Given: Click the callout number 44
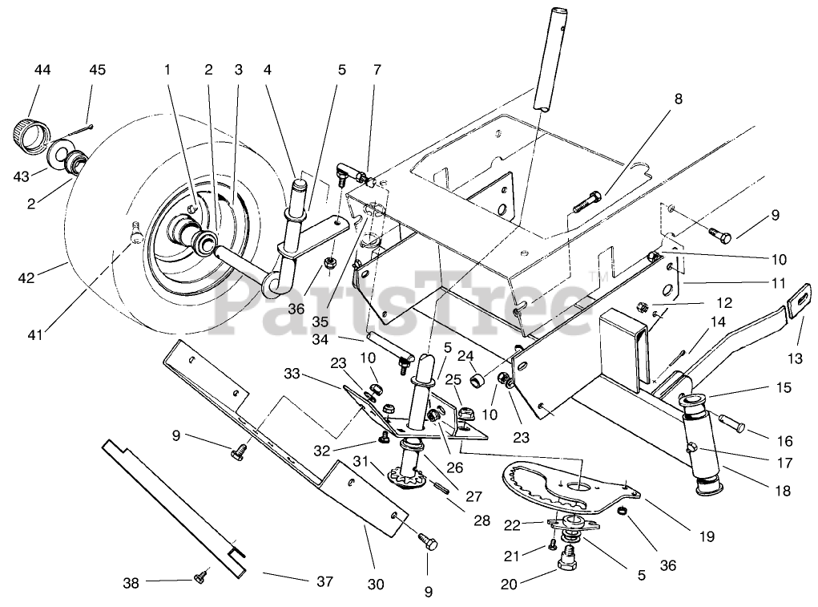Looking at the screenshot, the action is pyautogui.click(x=42, y=70).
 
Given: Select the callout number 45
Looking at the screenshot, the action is pyautogui.click(x=97, y=70).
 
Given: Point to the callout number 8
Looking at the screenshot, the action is pyautogui.click(x=678, y=99).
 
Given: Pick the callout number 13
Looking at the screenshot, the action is pyautogui.click(x=795, y=358).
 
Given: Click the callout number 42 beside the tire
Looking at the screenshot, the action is pyautogui.click(x=26, y=277).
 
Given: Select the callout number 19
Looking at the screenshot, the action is pyautogui.click(x=707, y=536).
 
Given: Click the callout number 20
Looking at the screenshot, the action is pyautogui.click(x=509, y=585).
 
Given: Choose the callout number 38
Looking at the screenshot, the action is pyautogui.click(x=131, y=582).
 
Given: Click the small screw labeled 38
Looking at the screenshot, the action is pyautogui.click(x=200, y=576).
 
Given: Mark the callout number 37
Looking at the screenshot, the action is pyautogui.click(x=324, y=581).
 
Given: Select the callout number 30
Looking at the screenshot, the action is pyautogui.click(x=376, y=585).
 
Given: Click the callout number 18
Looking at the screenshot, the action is pyautogui.click(x=783, y=491).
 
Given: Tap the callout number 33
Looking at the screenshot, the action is pyautogui.click(x=292, y=374).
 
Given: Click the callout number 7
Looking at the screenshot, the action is pyautogui.click(x=377, y=70).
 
